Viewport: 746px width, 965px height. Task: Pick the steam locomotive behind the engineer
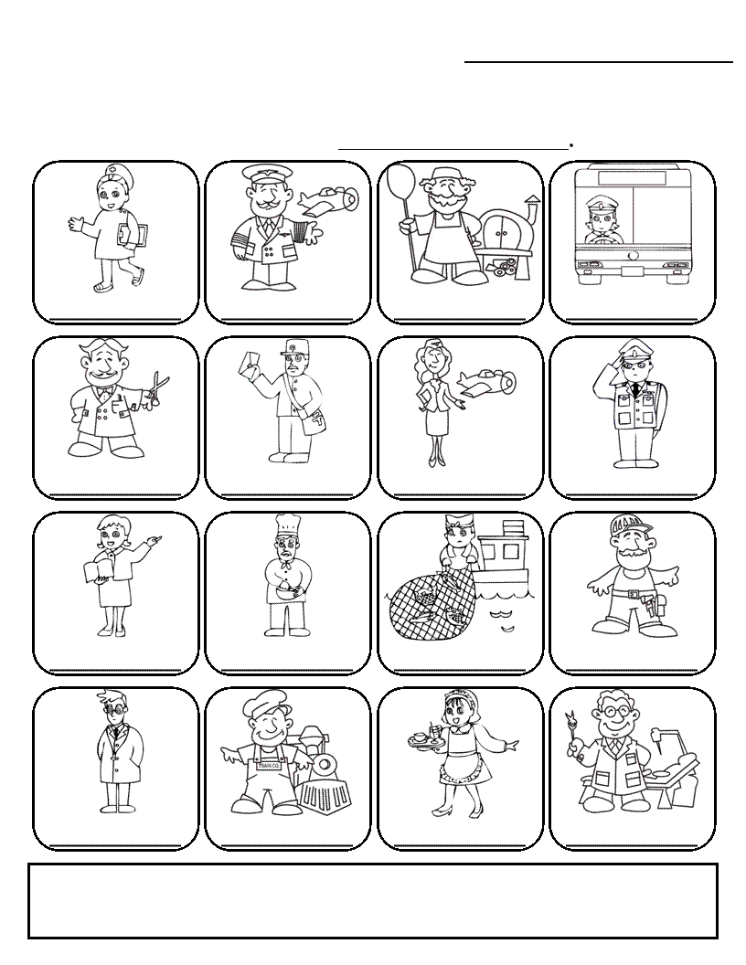(325, 772)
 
